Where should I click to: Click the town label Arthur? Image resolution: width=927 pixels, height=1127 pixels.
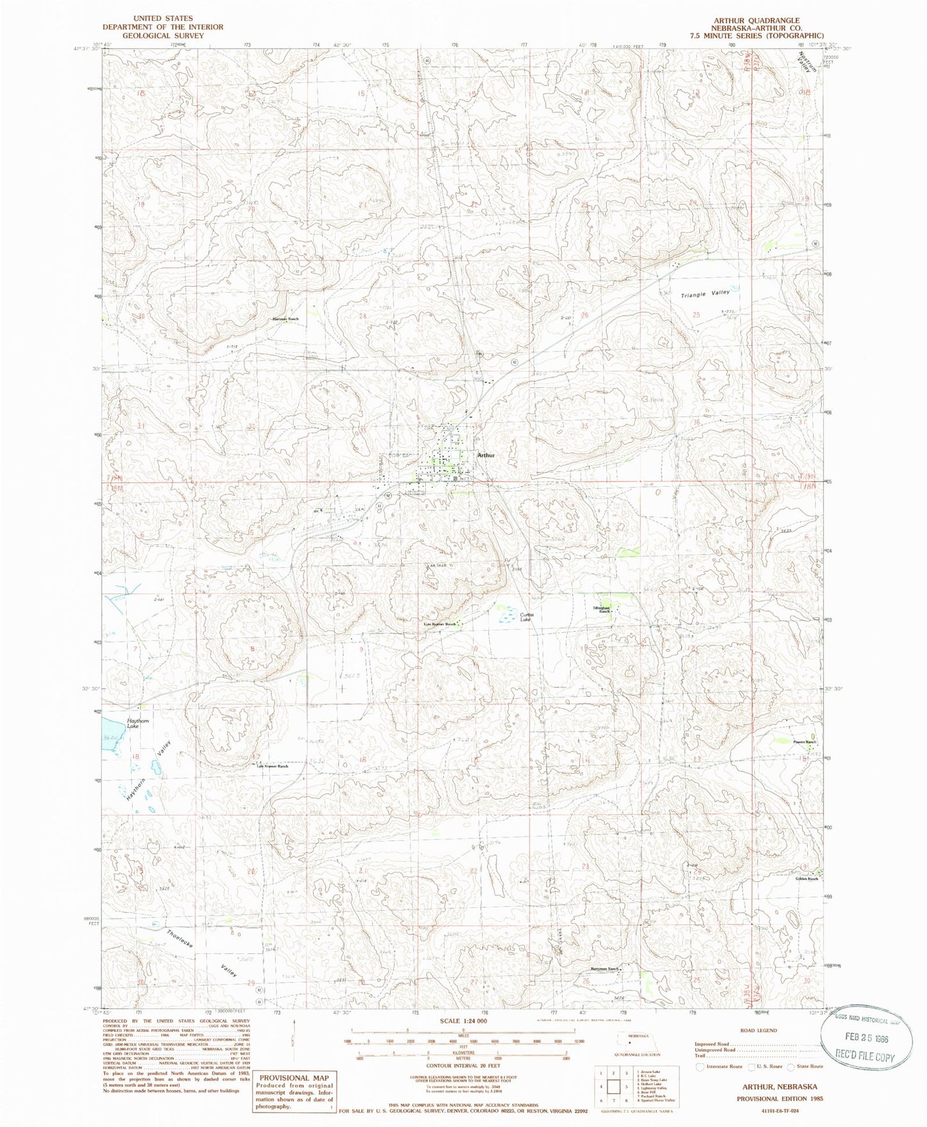[x=486, y=455]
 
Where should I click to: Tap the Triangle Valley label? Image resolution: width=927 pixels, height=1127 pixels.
[x=705, y=294]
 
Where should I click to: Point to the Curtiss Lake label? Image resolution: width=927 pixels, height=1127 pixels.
[x=527, y=617]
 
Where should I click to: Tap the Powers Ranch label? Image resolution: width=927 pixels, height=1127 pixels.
[x=804, y=742]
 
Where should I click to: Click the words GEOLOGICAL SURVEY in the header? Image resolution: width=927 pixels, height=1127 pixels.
[x=162, y=36]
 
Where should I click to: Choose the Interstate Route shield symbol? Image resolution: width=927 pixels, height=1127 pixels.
[x=699, y=1067]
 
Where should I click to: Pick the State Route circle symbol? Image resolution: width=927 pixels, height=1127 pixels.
[x=790, y=1067]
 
